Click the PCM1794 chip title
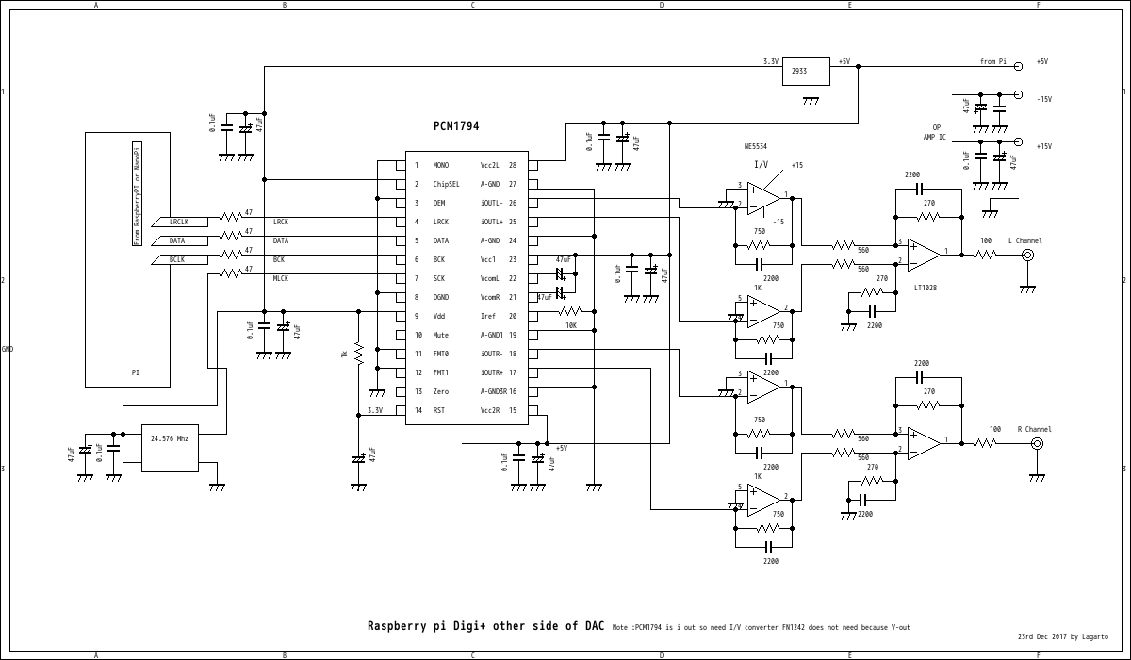click(456, 125)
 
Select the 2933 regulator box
click(806, 71)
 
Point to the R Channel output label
click(1034, 430)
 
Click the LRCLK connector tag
click(178, 223)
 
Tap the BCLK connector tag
click(176, 260)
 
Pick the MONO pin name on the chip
click(440, 166)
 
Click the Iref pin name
click(488, 317)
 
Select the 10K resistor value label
click(571, 325)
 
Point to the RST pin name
click(438, 411)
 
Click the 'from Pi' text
click(992, 62)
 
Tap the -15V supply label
click(1043, 99)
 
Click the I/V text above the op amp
click(761, 164)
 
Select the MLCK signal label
click(281, 279)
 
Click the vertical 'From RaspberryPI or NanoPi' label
click(137, 193)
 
